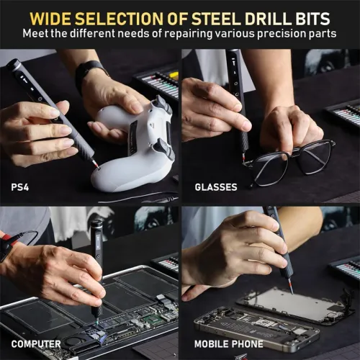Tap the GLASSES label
215,187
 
